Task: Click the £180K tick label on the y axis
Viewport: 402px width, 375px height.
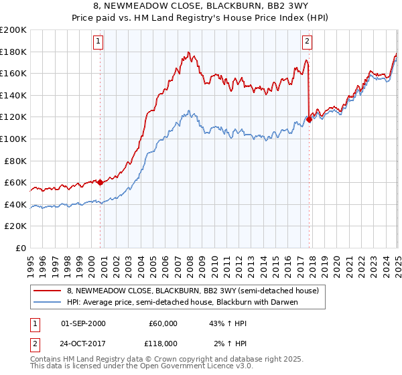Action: (x=14, y=52)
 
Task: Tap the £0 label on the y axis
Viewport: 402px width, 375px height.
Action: (x=22, y=248)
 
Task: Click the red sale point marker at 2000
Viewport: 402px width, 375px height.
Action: (x=100, y=182)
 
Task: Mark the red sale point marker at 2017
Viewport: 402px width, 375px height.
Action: (x=310, y=120)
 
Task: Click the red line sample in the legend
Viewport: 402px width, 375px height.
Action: (x=48, y=291)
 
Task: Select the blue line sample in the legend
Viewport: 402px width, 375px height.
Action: (x=48, y=302)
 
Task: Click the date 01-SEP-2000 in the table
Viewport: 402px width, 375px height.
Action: (x=83, y=323)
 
